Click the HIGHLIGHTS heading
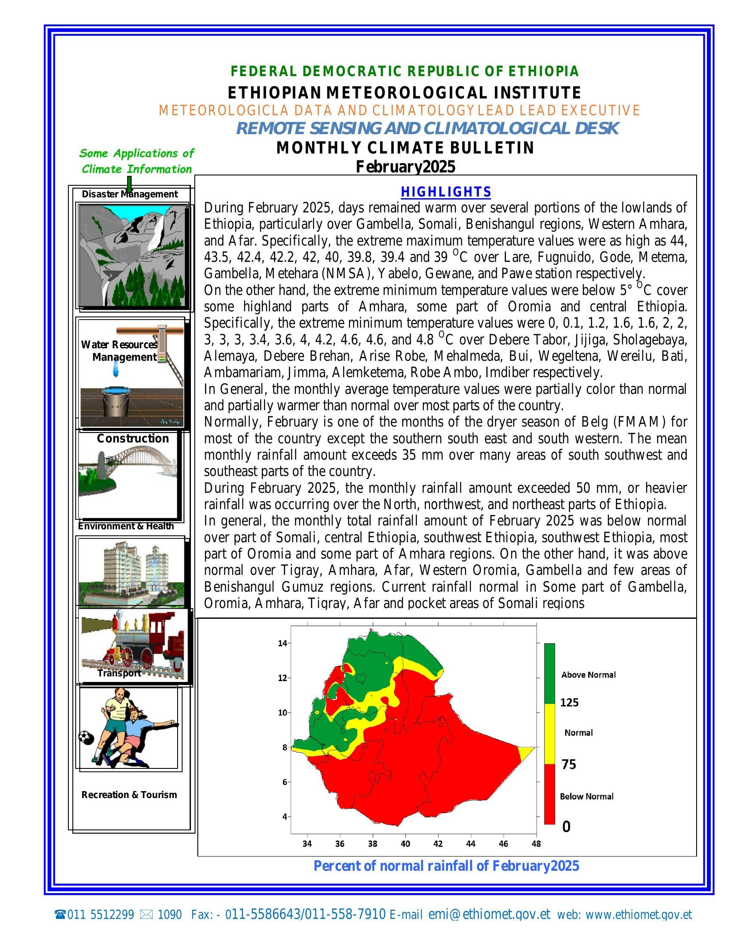click(x=445, y=191)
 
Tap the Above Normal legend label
click(x=588, y=674)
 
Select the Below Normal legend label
click(x=587, y=796)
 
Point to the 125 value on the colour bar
click(x=569, y=702)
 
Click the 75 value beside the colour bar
click(x=568, y=765)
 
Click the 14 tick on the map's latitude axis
click(x=282, y=643)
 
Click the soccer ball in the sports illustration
click(x=86, y=737)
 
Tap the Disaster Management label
click(x=129, y=194)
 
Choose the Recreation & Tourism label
click(x=129, y=794)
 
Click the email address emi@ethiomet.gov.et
click(x=489, y=914)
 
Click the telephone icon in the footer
click(x=60, y=915)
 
